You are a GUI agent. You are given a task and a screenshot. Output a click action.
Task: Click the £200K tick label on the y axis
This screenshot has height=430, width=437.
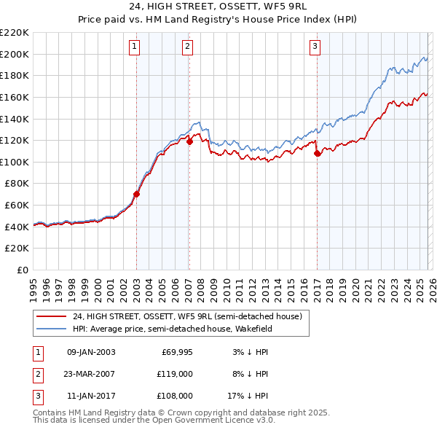click(15, 54)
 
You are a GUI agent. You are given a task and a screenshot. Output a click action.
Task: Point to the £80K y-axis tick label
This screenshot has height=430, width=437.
click(17, 184)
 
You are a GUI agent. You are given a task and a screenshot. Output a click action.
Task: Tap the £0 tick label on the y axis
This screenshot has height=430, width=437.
click(23, 270)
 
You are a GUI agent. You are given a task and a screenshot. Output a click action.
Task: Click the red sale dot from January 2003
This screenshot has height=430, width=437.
click(136, 194)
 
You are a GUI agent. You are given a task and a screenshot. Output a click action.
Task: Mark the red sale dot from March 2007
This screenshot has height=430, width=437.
click(189, 141)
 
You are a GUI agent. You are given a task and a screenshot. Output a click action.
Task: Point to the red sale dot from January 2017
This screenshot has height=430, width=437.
click(317, 154)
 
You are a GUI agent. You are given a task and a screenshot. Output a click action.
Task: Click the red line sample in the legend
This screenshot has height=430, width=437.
click(51, 316)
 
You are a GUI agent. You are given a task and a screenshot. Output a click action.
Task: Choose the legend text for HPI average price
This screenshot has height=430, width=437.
click(172, 328)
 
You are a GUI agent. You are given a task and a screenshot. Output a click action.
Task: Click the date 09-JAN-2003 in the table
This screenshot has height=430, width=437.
click(91, 352)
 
